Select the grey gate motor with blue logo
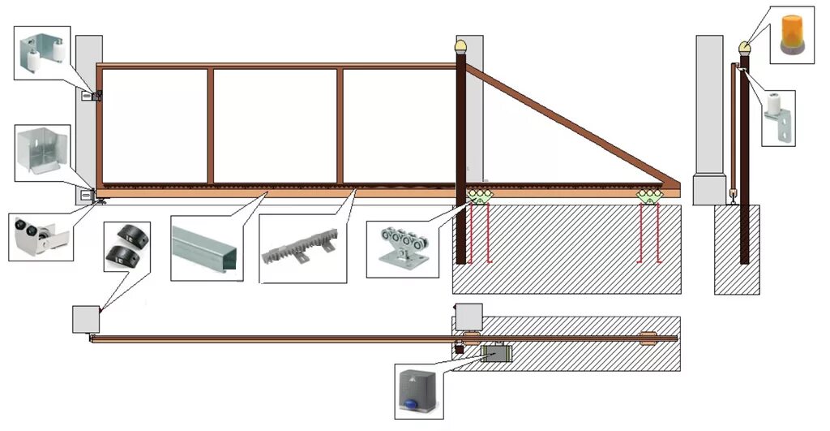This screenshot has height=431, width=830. (x=419, y=390)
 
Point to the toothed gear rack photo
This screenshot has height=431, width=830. (x=301, y=248)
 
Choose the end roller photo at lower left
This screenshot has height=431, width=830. (x=40, y=236)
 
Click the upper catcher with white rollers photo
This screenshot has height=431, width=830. (x=45, y=51)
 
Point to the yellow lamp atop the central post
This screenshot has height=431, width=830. (x=462, y=46)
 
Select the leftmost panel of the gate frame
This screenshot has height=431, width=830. (x=154, y=126)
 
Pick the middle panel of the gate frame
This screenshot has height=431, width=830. (x=275, y=126)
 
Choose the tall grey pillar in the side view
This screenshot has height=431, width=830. (x=709, y=114)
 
